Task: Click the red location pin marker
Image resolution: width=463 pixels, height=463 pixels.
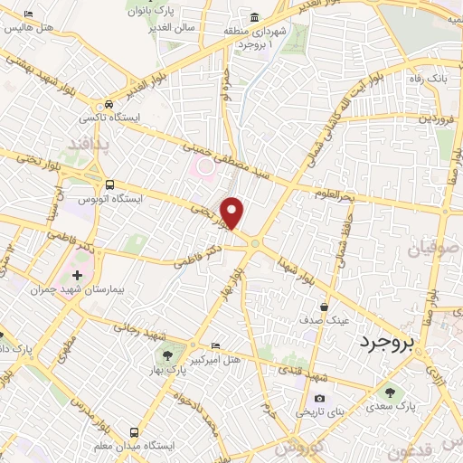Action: coord(233,213)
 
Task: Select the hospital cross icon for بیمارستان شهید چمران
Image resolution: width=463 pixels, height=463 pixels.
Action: coord(76,274)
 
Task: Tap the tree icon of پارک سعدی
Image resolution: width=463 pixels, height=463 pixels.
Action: coord(390,392)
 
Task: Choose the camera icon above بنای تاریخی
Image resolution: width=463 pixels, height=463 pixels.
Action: coord(319,398)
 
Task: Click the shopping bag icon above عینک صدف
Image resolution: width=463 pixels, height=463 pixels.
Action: coord(324,307)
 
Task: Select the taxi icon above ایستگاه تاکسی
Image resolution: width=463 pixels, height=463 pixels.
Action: coord(109,104)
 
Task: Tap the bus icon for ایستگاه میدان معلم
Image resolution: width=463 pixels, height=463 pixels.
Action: coord(134,430)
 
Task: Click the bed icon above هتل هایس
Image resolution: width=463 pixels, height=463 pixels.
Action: coord(28,14)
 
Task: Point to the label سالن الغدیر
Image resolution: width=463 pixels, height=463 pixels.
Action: coord(175,28)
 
